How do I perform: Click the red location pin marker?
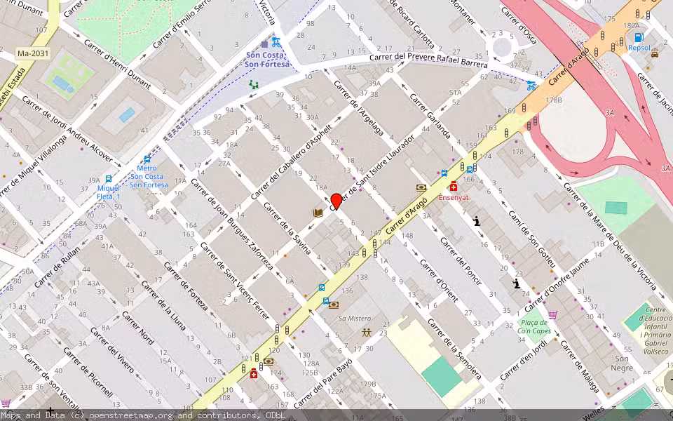pos(336,201)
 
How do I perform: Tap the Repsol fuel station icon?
pos(639,37)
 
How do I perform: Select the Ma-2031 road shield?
pos(32,53)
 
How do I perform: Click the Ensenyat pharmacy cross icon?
pos(454,187)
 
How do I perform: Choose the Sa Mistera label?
pos(355,319)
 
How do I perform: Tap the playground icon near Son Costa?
pos(253,84)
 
